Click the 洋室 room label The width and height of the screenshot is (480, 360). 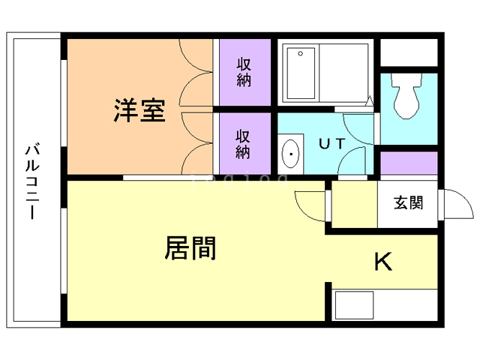point(139,110)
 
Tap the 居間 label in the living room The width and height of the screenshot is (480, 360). point(190,248)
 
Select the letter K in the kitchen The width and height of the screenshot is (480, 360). point(383,262)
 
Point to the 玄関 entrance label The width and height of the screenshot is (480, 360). point(408,202)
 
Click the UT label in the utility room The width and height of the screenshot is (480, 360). point(332,143)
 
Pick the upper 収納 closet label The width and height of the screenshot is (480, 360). point(244,72)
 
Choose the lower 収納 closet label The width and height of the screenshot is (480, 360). point(243,144)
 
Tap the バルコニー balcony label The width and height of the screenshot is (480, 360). point(32,181)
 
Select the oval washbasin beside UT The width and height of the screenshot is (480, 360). point(290,154)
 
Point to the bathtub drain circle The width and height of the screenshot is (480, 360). point(300,53)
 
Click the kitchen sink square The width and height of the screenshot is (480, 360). point(354,305)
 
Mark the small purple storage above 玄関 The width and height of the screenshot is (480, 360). point(409,163)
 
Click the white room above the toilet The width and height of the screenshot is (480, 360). point(409,52)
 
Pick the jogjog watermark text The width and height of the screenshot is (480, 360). point(238,180)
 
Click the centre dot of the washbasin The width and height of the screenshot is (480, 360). point(290,154)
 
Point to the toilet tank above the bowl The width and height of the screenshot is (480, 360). point(406,80)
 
